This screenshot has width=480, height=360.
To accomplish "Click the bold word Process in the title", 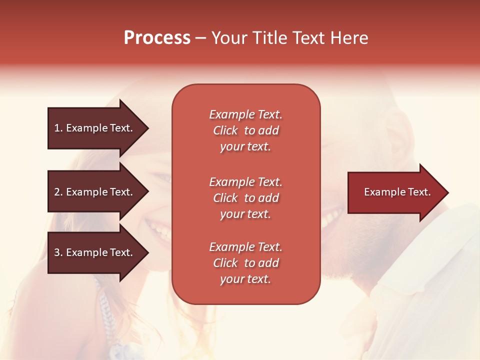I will [157, 38].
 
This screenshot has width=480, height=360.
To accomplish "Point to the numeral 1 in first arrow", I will [56, 128].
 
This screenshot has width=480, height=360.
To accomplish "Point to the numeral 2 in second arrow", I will [57, 192].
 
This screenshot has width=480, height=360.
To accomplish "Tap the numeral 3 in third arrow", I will [57, 252].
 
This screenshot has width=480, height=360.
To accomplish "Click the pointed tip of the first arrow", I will [146, 128].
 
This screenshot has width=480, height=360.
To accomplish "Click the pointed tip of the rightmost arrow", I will [446, 192].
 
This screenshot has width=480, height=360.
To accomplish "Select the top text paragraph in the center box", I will [245, 130].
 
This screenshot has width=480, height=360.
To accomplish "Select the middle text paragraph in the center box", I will [245, 198].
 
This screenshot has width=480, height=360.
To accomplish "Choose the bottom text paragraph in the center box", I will [245, 263].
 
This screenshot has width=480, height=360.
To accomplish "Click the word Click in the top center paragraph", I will [225, 131].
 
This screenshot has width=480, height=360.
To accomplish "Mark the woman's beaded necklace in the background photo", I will [105, 305].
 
